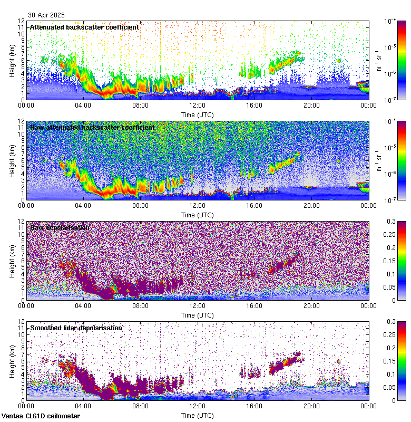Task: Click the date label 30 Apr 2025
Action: click(x=47, y=15)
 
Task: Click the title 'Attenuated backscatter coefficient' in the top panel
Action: click(x=84, y=27)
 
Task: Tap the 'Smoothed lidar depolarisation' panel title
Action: click(x=76, y=328)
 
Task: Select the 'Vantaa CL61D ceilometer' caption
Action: click(x=41, y=416)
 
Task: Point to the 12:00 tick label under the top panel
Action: click(x=197, y=105)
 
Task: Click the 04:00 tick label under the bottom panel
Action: click(x=83, y=406)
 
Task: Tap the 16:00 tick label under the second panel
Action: click(x=255, y=206)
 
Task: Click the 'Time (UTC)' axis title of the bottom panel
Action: click(x=198, y=415)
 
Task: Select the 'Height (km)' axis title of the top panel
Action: click(x=12, y=60)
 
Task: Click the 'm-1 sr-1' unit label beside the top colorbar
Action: click(x=379, y=60)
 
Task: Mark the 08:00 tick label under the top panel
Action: click(x=140, y=105)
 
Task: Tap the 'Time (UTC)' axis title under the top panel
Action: click(x=198, y=114)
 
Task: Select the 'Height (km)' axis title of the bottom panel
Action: click(x=12, y=361)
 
